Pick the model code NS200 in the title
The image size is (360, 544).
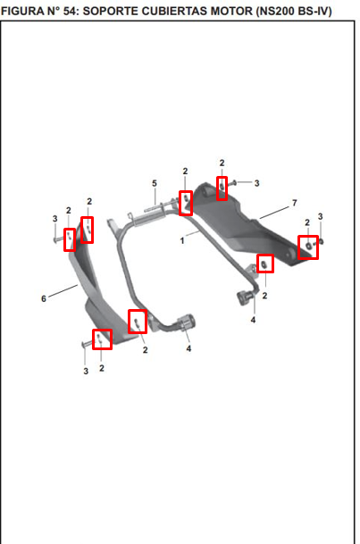(x=273, y=12)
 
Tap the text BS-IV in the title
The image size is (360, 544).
(x=313, y=12)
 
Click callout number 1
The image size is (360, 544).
(x=182, y=240)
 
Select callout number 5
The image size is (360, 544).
(x=155, y=183)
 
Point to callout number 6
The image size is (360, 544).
(x=44, y=298)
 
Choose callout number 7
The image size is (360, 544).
(x=295, y=203)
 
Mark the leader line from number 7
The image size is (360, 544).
(x=274, y=213)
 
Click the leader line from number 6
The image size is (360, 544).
(x=63, y=291)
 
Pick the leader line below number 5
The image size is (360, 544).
(x=155, y=197)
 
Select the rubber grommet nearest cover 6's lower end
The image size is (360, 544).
(x=188, y=322)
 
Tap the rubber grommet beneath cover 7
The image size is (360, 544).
(x=246, y=298)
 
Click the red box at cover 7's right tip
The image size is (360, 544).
(x=308, y=247)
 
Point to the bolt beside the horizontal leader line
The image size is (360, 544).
(x=234, y=182)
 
